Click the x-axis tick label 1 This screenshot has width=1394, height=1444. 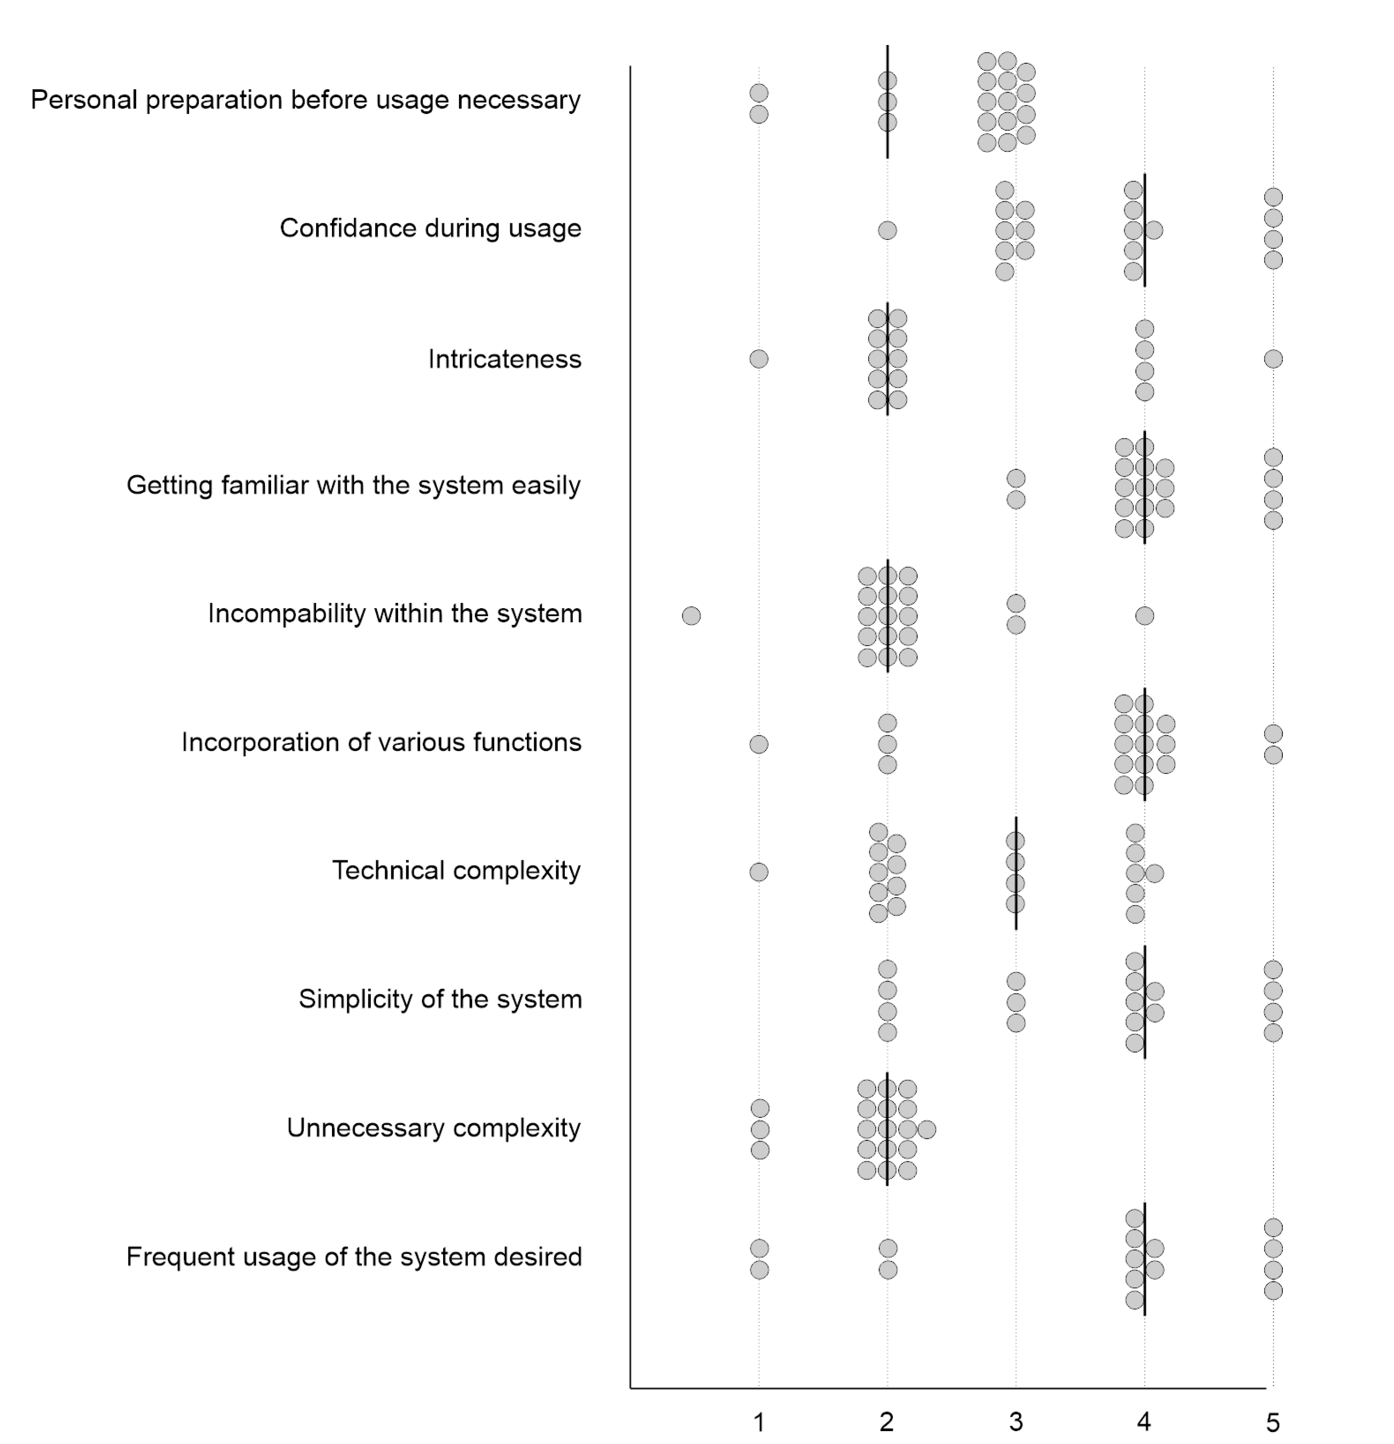coord(759,1421)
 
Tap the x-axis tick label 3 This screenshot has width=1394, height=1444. coord(1016,1421)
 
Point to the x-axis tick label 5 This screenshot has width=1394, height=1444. coord(1273,1421)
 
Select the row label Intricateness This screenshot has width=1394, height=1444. coord(505,360)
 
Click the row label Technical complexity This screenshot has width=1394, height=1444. coord(456,871)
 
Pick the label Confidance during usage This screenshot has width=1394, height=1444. coord(430,228)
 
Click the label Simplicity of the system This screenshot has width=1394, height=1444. coord(440,1000)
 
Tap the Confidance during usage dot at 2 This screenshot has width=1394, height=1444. coord(887,230)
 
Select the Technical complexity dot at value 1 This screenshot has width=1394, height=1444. coord(759,872)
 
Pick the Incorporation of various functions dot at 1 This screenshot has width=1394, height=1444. coord(759,744)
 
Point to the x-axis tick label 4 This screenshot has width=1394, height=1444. coord(1144,1421)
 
